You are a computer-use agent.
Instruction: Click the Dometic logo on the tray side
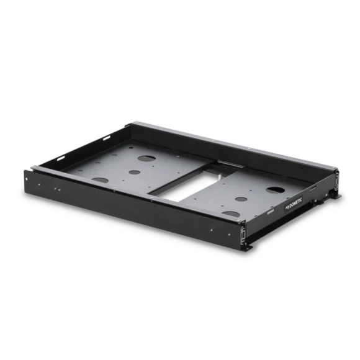pos(294,203)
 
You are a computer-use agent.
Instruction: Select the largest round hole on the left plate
pos(146,158)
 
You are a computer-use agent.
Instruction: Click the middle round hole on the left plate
pos(135,172)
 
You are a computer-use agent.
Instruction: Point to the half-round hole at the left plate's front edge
pos(100,180)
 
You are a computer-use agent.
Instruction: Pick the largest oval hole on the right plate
pos(276,189)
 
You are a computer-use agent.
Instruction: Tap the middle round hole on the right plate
pos(241,199)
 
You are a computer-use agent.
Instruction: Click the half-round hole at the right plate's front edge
pos(231,214)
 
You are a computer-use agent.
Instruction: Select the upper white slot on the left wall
pos(107,138)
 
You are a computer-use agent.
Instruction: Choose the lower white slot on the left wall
pos(61,158)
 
